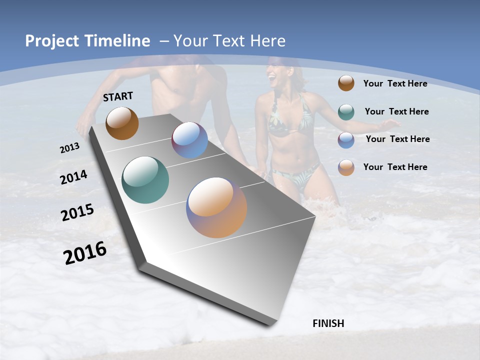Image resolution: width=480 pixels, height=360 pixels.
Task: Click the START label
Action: pyautogui.click(x=118, y=96)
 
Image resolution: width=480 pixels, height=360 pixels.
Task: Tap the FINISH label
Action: pyautogui.click(x=328, y=323)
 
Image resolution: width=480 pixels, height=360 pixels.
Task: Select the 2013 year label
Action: pyautogui.click(x=69, y=148)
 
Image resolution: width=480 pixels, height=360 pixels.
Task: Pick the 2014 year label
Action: pyautogui.click(x=73, y=177)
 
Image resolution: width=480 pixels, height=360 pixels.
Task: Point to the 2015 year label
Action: pyautogui.click(x=77, y=212)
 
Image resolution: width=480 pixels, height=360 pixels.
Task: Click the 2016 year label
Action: pyautogui.click(x=85, y=253)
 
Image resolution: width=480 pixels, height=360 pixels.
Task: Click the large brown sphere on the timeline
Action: pyautogui.click(x=122, y=123)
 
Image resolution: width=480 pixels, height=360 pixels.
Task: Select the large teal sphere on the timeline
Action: pyautogui.click(x=145, y=180)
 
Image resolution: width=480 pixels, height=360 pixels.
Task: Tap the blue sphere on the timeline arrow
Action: pyautogui.click(x=189, y=140)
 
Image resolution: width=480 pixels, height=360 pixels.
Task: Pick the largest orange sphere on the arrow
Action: pyautogui.click(x=216, y=207)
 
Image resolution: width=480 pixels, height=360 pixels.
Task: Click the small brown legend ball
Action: pyautogui.click(x=346, y=83)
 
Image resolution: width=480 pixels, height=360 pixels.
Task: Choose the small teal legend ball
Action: pyautogui.click(x=346, y=112)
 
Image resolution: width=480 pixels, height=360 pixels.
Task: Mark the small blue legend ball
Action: pyautogui.click(x=346, y=140)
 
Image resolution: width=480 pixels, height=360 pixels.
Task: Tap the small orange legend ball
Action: pyautogui.click(x=346, y=167)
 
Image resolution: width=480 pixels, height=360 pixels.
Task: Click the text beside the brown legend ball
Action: pyautogui.click(x=395, y=83)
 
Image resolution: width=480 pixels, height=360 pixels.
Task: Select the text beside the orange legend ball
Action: pyautogui.click(x=395, y=167)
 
